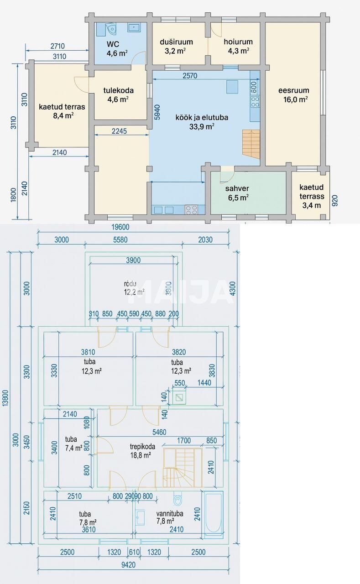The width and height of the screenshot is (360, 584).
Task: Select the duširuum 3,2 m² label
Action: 176,46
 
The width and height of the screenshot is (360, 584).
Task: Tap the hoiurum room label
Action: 238,46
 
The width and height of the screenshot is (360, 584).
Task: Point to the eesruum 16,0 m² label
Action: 294,94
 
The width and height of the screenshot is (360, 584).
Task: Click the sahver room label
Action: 237,193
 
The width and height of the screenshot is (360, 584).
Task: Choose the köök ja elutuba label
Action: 202,122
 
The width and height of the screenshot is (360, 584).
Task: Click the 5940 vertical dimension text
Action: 157,112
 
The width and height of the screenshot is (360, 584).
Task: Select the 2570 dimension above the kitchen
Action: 188,76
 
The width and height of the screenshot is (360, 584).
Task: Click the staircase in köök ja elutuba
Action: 250,142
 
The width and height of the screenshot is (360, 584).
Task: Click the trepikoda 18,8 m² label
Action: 140,450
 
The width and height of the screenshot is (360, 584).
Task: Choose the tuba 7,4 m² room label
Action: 73,444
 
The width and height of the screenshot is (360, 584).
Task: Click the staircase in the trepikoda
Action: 183,467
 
